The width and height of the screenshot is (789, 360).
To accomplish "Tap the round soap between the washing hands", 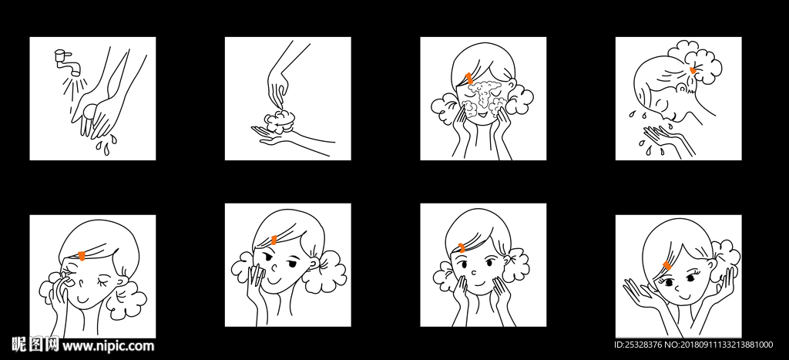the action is coord(90,110).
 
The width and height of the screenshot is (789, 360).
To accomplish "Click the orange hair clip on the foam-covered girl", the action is coord(469,78).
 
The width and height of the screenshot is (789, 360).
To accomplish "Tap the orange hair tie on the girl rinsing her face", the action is coord(693,70).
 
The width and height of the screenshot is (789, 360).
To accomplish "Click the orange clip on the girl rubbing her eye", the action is coord(82,256).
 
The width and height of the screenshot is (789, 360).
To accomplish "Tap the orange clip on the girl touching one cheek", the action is coord(274,241).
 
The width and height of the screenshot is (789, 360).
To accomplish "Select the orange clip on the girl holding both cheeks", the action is coord(462,247).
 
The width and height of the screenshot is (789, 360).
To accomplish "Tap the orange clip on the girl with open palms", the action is coord(667,265).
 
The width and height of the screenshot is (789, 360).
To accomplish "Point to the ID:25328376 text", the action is coord(639,345).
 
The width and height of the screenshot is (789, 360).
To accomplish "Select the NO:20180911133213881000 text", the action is coord(719,345).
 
